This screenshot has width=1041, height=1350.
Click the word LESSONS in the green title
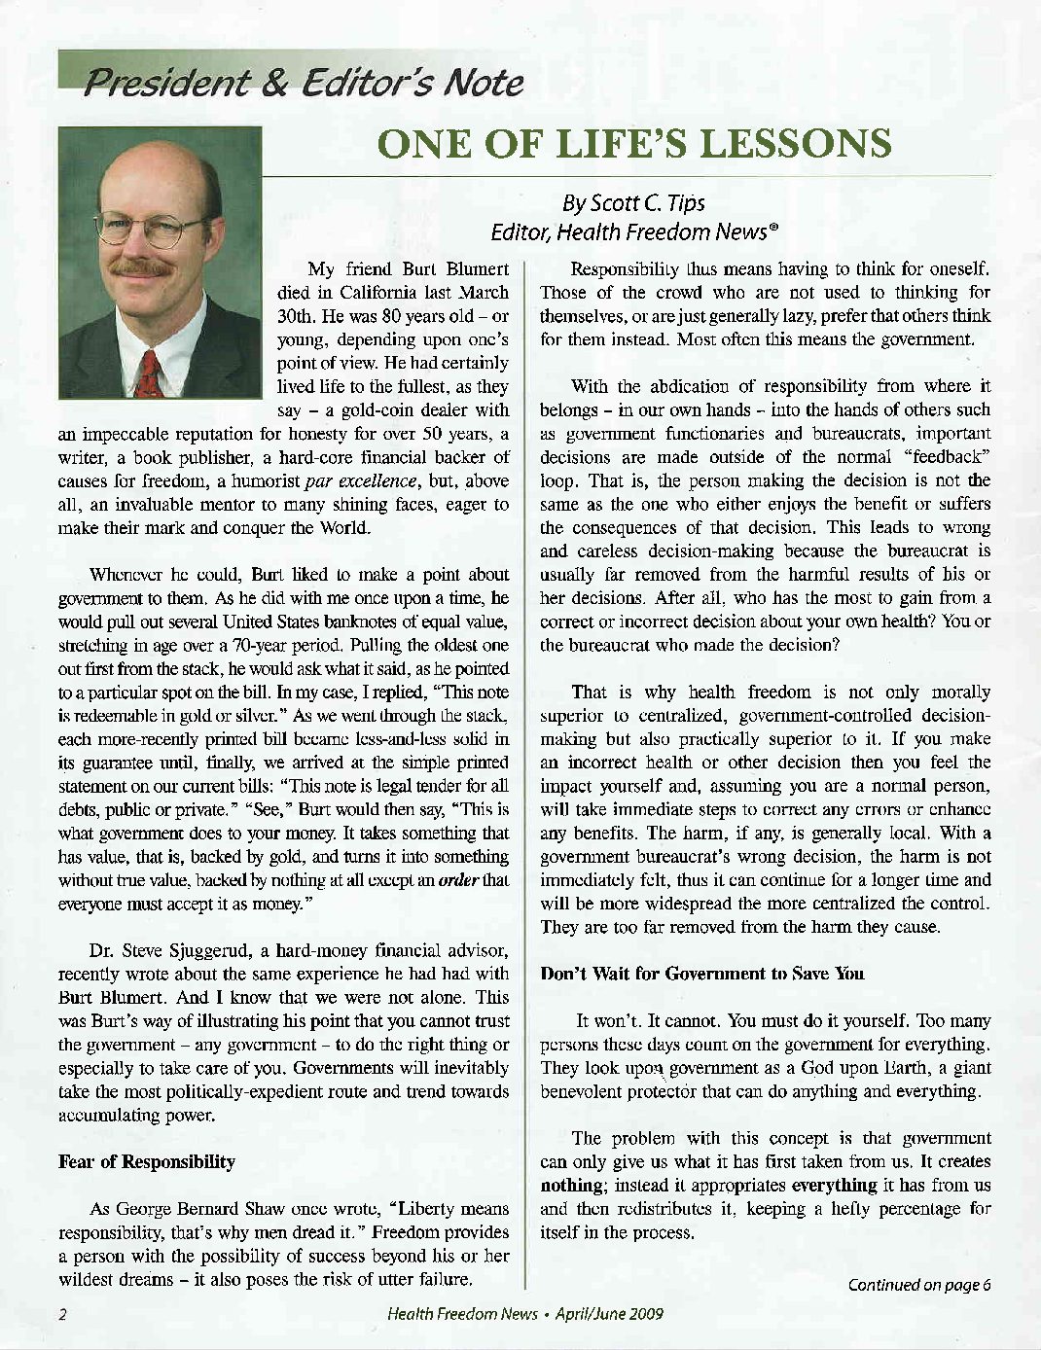[796, 144]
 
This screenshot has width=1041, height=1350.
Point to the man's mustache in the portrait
[143, 266]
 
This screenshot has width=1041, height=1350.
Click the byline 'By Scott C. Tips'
[633, 203]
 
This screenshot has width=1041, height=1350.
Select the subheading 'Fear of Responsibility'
[147, 1161]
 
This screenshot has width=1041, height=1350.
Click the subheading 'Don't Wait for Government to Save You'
[701, 974]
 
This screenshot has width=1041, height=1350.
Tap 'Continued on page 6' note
[919, 1285]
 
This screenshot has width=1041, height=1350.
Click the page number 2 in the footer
[62, 1315]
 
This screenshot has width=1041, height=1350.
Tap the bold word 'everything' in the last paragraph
[834, 1185]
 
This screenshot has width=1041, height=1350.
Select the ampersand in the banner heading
[276, 84]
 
